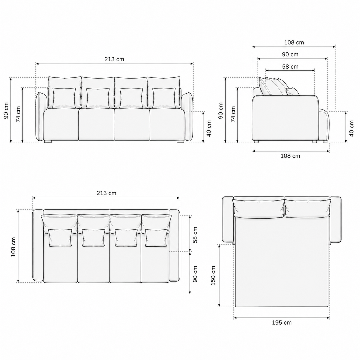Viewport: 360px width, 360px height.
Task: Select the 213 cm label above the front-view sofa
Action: [x=114, y=59]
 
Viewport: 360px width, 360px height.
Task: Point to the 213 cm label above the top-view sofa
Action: [x=106, y=193]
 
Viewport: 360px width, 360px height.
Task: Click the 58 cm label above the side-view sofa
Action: [x=290, y=67]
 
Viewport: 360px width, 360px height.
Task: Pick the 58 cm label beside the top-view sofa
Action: [x=195, y=235]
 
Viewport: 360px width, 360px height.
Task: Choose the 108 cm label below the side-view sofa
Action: [x=290, y=156]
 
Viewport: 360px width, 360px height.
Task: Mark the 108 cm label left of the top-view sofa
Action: [x=13, y=247]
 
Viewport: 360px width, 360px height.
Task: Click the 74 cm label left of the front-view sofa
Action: [x=18, y=114]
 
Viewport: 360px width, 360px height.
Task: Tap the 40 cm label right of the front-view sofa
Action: [x=209, y=128]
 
